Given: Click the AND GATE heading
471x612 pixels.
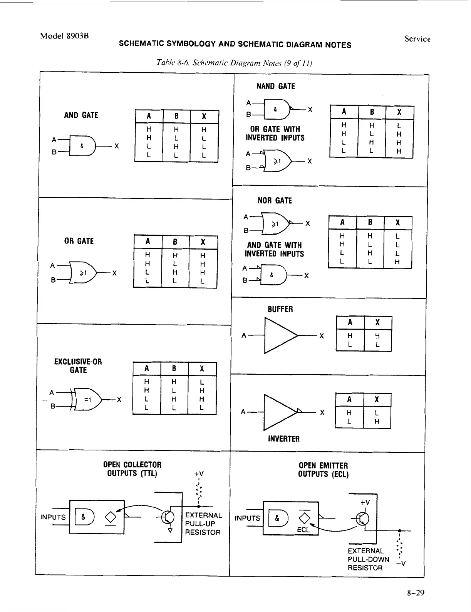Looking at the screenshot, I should tap(81, 115).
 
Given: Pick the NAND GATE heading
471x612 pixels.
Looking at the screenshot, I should tap(276, 86).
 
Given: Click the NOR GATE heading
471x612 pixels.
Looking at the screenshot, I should tap(275, 200).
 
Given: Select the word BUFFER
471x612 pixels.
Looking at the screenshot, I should tap(280, 309).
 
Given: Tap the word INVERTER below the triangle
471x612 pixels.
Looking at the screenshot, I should tap(283, 439).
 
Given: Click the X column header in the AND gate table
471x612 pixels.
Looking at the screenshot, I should tap(204, 117).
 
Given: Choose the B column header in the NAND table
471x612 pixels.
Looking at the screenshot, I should tap(372, 112).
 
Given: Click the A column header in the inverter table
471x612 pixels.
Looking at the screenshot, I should tap(349, 399).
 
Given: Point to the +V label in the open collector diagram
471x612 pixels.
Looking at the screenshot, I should tap(199, 474).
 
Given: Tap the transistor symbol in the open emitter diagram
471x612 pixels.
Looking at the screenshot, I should tap(362, 519).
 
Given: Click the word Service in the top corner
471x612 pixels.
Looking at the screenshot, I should tap(417, 39).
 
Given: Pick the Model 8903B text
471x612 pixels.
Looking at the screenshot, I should tap(65, 36).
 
